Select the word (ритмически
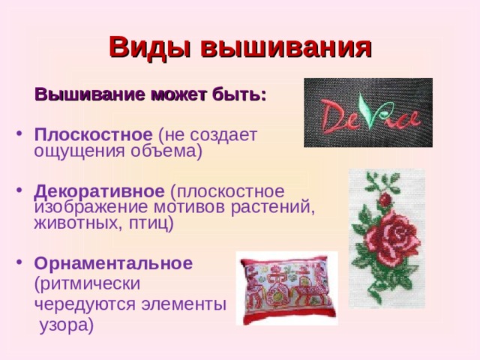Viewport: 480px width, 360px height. click(x=88, y=284)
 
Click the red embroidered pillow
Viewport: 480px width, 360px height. click(x=286, y=288)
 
